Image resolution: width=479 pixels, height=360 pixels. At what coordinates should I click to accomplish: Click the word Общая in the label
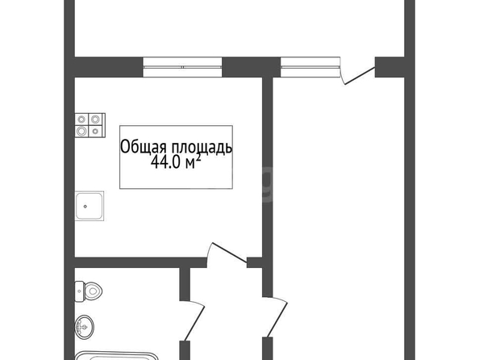click(144, 148)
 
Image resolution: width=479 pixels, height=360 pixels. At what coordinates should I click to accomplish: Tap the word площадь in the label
click(202, 148)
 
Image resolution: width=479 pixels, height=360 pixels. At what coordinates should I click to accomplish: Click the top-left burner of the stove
click(81, 119)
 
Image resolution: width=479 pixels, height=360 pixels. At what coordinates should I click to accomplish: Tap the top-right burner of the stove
click(95, 119)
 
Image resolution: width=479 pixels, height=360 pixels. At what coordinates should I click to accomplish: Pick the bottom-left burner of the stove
click(81, 132)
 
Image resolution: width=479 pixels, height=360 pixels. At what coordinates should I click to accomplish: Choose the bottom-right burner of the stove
click(95, 132)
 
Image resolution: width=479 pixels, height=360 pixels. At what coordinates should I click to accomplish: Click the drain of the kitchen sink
click(85, 207)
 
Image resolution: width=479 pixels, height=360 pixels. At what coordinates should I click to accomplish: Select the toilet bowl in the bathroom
click(93, 291)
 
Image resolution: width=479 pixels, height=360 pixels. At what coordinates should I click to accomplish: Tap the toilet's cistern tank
click(79, 291)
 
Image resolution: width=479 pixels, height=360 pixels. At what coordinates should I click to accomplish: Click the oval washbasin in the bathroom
click(85, 327)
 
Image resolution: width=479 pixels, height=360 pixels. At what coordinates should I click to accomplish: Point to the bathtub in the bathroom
click(117, 356)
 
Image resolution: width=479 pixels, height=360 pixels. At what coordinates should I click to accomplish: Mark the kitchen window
click(182, 67)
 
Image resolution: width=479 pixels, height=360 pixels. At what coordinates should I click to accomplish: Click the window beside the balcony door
click(310, 67)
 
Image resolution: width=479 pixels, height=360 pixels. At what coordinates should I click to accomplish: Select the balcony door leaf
click(360, 76)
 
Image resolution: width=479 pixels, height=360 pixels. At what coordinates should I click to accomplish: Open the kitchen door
click(229, 253)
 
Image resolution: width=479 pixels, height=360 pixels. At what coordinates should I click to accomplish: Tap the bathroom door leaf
click(194, 323)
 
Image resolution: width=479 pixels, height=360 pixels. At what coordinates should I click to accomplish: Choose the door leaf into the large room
click(277, 320)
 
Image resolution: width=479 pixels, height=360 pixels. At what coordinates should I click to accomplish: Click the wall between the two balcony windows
click(251, 67)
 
